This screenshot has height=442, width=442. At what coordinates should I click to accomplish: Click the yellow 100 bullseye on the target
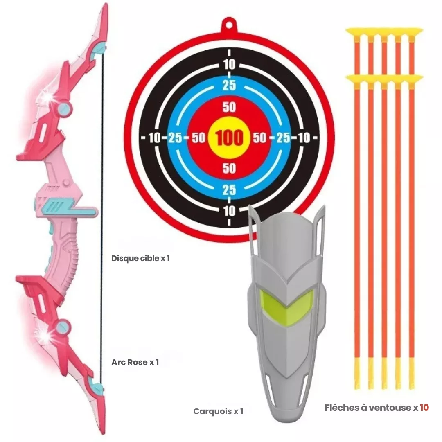click(229, 138)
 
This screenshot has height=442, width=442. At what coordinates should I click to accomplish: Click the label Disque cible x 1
click(140, 259)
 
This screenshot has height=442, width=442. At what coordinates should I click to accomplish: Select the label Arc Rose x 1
click(135, 362)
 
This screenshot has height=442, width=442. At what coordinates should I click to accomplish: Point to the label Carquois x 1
click(218, 411)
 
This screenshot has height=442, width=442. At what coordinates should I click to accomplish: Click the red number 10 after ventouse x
click(424, 408)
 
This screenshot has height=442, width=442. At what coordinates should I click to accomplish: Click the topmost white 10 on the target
click(230, 64)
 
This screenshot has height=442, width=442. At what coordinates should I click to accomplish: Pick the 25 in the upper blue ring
click(229, 86)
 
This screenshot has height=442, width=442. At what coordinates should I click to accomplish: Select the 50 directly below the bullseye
click(229, 168)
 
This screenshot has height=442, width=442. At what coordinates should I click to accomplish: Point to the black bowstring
click(101, 246)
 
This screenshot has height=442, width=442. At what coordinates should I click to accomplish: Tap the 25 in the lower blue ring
click(229, 190)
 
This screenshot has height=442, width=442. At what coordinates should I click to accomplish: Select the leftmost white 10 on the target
click(154, 138)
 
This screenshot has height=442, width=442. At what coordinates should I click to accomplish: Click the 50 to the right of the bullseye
click(259, 138)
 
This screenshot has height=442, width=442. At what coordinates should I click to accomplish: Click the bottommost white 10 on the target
click(230, 211)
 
